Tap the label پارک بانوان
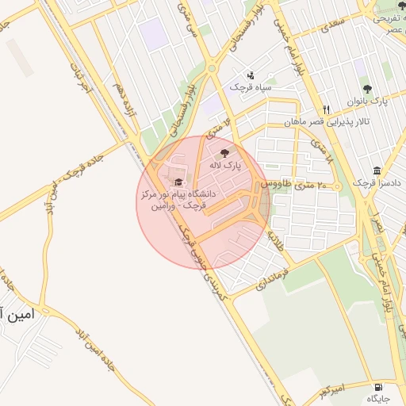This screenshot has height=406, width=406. tap(367, 101)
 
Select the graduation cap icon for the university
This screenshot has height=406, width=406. tap(177, 182)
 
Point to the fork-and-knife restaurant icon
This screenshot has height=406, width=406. tap(325, 109)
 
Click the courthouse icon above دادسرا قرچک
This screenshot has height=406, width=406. tap(376, 170)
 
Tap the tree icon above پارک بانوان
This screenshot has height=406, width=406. tap(366, 89)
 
